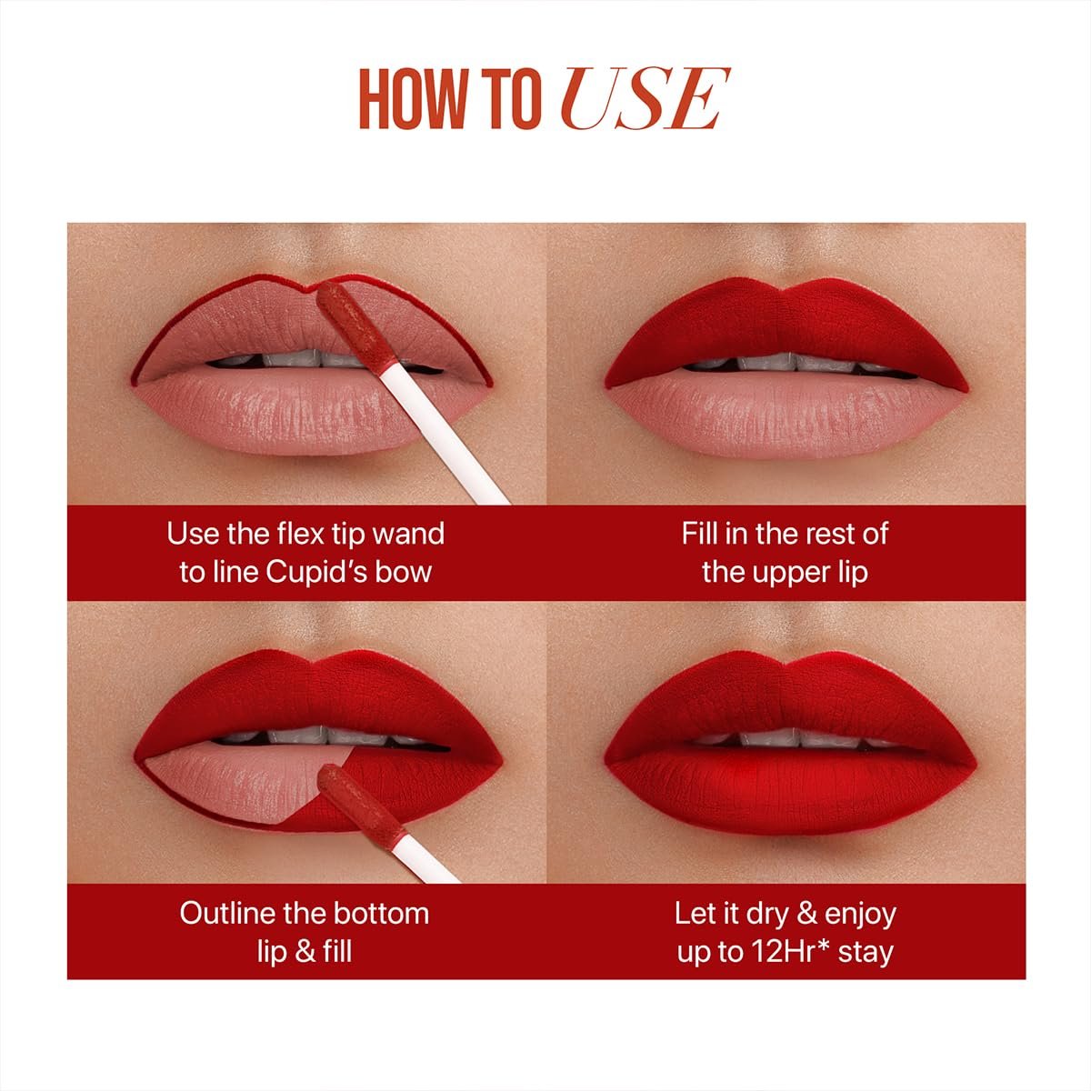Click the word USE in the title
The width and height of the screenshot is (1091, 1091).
click(x=645, y=99)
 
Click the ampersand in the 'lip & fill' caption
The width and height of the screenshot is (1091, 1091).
click(x=305, y=952)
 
